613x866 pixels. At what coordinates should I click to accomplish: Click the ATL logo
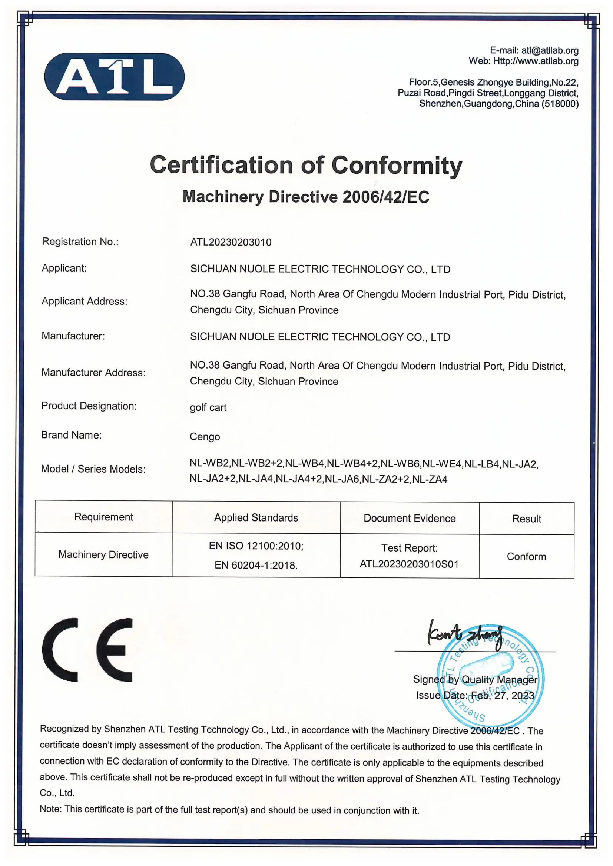pyautogui.click(x=114, y=77)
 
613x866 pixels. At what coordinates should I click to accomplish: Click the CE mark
pyautogui.click(x=87, y=650)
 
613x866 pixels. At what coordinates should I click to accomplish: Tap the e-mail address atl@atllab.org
pyautogui.click(x=550, y=50)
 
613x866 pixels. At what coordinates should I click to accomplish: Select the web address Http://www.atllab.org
pyautogui.click(x=536, y=61)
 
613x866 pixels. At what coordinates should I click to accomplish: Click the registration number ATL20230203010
pyautogui.click(x=231, y=242)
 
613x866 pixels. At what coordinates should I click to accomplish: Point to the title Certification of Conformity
pyautogui.click(x=306, y=165)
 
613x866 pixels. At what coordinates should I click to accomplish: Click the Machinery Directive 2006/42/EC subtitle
pyautogui.click(x=306, y=197)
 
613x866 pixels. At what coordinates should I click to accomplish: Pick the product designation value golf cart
pyautogui.click(x=208, y=407)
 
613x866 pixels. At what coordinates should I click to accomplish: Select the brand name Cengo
pyautogui.click(x=205, y=436)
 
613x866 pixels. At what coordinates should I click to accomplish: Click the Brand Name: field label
pyautogui.click(x=71, y=435)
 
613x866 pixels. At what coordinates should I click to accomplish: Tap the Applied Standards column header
pyautogui.click(x=256, y=517)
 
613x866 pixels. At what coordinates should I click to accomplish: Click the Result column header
pyautogui.click(x=526, y=519)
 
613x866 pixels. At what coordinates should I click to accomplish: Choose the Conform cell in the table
pyautogui.click(x=526, y=556)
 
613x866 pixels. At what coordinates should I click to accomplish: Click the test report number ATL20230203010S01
pyautogui.click(x=409, y=564)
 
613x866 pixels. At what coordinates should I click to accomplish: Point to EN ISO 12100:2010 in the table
pyautogui.click(x=256, y=546)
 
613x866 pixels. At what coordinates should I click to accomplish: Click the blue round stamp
pyautogui.click(x=491, y=675)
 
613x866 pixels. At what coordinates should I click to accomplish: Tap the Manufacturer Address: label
pyautogui.click(x=93, y=372)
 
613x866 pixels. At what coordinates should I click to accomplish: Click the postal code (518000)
pyautogui.click(x=560, y=104)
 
